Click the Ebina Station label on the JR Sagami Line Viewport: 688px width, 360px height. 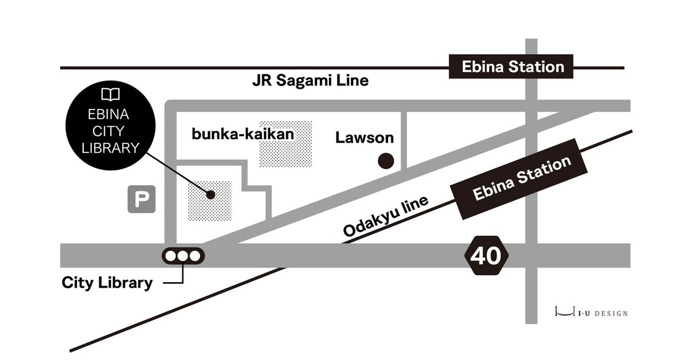pyautogui.click(x=513, y=67)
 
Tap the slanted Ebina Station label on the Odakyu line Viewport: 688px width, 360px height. pyautogui.click(x=522, y=179)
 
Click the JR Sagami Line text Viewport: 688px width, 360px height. pyautogui.click(x=310, y=81)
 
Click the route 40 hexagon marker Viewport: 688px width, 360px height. pyautogui.click(x=486, y=255)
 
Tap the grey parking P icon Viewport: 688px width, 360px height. pyautogui.click(x=141, y=200)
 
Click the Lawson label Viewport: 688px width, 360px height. pyautogui.click(x=365, y=138)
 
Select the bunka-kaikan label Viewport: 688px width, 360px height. pyautogui.click(x=243, y=135)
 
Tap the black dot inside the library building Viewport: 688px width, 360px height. pyautogui.click(x=210, y=194)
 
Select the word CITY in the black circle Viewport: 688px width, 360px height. pyautogui.click(x=111, y=131)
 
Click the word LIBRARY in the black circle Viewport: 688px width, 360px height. pyautogui.click(x=111, y=147)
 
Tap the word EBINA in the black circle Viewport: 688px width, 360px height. pyautogui.click(x=111, y=114)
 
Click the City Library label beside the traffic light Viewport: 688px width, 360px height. pyautogui.click(x=107, y=283)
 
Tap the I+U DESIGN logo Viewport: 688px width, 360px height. pyautogui.click(x=591, y=313)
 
